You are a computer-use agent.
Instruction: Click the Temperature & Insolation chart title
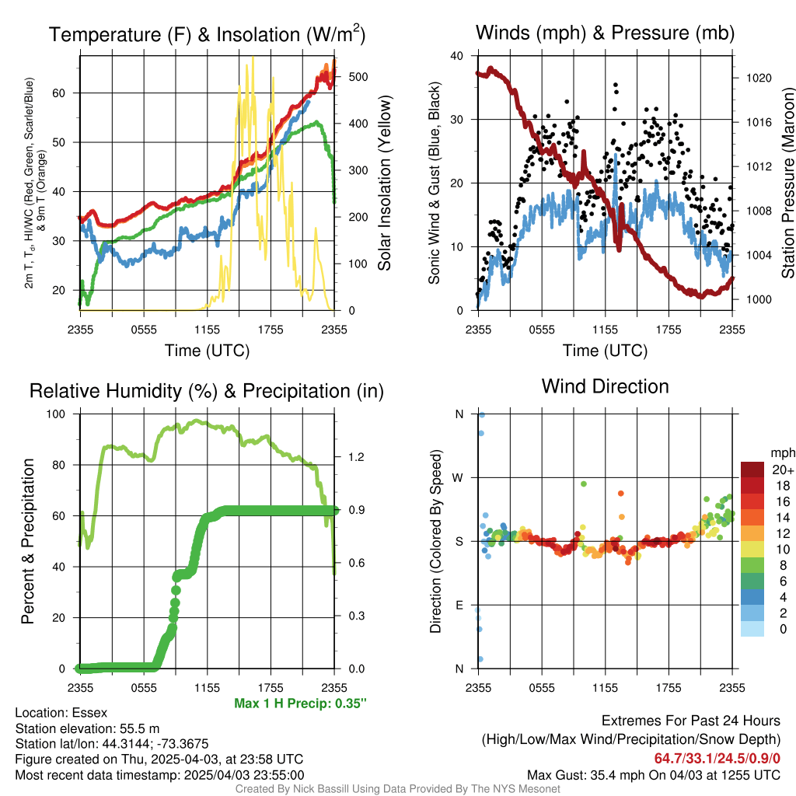click(x=207, y=34)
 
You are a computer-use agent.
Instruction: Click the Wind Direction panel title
click(x=605, y=386)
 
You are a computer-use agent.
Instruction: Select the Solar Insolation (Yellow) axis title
click(x=385, y=183)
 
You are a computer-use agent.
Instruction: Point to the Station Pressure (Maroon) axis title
click(x=787, y=183)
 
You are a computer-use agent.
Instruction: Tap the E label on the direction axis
click(x=459, y=605)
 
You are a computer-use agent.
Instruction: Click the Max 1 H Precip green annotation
click(x=300, y=703)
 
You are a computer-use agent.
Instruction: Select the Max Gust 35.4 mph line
click(x=654, y=774)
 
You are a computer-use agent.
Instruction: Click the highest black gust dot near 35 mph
click(x=616, y=85)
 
